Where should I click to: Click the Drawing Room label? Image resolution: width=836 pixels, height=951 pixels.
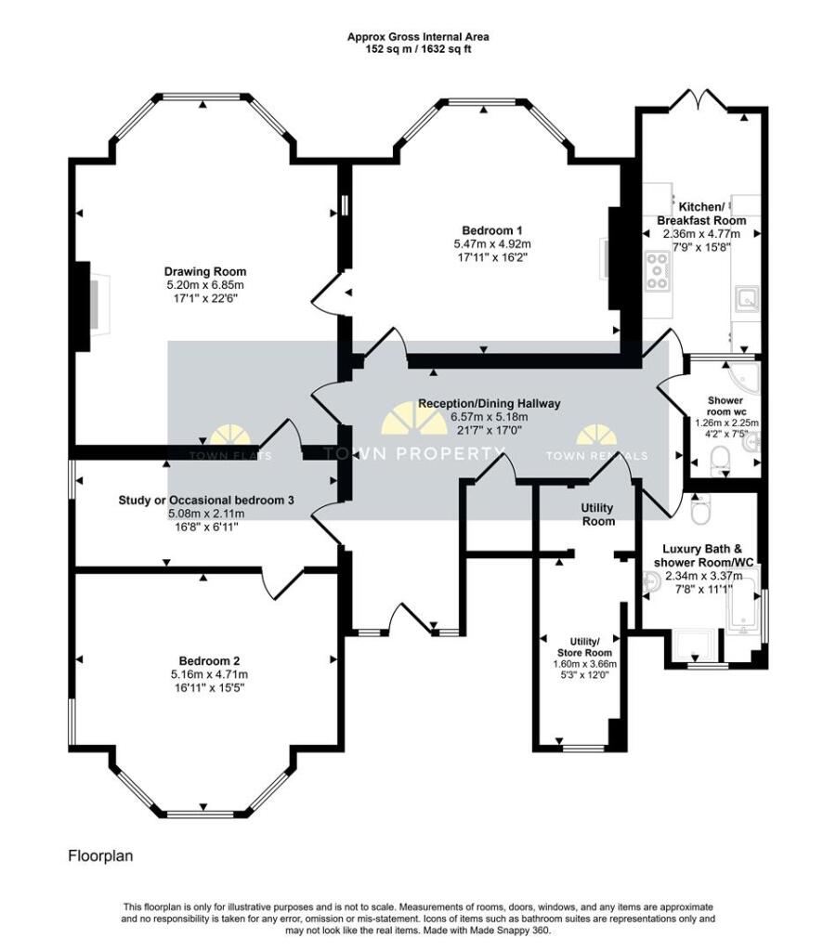pos(206,271)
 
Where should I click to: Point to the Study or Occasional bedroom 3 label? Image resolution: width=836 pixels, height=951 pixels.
pos(206,500)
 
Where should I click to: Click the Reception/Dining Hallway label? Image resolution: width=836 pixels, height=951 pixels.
pos(489,403)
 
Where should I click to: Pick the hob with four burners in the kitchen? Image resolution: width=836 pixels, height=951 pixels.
pos(659,271)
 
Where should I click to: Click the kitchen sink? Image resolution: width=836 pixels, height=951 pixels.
pos(745,299)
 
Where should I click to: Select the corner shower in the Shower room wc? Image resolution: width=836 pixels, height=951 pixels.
pos(746,375)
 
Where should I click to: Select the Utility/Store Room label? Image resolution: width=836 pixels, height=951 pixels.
pos(584,646)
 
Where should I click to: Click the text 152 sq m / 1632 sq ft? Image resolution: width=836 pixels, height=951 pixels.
pos(417,49)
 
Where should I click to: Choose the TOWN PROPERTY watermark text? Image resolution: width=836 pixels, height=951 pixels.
pos(413,454)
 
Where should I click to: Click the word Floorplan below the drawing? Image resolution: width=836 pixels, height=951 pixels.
pos(100,855)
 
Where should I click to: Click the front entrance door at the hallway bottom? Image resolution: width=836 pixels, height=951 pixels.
pos(410,619)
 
